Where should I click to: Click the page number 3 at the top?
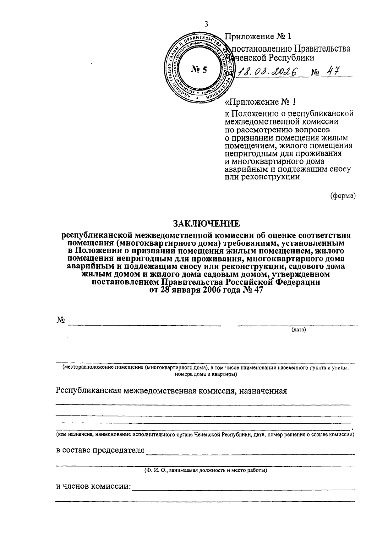pos(206,24)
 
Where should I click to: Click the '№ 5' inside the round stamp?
pos(199,69)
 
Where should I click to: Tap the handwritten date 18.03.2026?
pos(268,72)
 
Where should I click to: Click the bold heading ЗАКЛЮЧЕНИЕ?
pos(206,223)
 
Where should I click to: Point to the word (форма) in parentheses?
pos(343,195)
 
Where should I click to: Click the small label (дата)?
pos(299,330)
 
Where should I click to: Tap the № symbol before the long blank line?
pos(61,320)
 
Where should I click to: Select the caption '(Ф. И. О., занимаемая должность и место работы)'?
pos(206,470)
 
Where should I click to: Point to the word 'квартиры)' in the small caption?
pos(226,374)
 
